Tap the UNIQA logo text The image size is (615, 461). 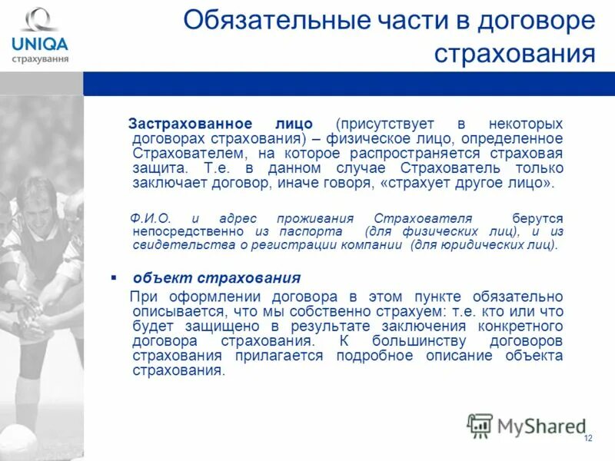[x=39, y=44]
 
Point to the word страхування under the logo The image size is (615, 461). [x=39, y=58]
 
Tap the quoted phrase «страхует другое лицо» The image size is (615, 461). [x=465, y=184]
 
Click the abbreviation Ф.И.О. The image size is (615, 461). [x=151, y=218]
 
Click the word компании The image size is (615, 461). [x=373, y=245]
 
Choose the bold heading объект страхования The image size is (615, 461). [x=216, y=277]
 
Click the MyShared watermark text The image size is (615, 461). [x=541, y=426]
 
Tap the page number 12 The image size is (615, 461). [x=588, y=439]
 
